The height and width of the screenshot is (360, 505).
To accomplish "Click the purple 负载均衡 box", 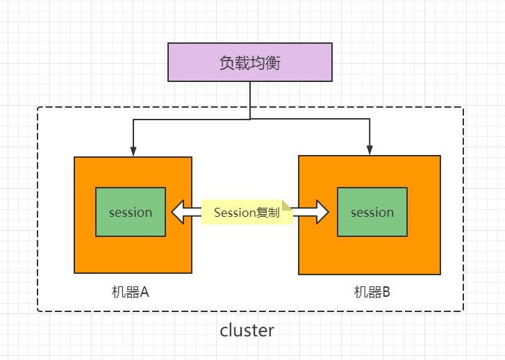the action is [250, 63].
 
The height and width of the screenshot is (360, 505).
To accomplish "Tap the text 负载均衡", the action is [250, 63].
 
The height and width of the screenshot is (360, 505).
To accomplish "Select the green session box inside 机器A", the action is [131, 212].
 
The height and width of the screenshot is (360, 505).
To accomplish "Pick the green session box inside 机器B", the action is [372, 212].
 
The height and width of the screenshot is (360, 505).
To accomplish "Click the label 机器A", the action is [131, 293].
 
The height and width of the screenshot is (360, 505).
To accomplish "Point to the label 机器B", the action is [372, 293].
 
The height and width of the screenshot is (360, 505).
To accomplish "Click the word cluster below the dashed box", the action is [247, 331].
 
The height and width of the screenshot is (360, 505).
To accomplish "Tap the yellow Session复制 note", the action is [247, 212].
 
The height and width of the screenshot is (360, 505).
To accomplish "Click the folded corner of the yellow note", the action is [287, 205].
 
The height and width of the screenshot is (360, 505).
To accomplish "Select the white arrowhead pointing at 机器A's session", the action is [178, 212].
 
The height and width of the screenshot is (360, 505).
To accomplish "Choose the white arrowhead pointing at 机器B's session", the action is [323, 212].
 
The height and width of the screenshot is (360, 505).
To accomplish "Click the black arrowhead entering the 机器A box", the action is [133, 151].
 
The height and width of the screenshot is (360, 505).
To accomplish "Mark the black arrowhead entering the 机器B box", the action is [370, 150].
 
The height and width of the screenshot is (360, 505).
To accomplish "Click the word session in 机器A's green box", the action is [131, 213].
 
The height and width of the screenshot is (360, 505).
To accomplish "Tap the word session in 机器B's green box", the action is [372, 213].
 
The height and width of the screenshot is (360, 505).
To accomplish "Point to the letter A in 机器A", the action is [144, 293].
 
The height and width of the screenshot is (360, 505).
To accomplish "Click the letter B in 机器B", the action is [386, 293].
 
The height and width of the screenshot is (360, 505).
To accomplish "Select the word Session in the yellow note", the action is [235, 213].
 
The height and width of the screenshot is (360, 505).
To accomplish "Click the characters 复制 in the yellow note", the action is [268, 213].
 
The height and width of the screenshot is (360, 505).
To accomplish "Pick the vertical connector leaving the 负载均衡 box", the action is [250, 101].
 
